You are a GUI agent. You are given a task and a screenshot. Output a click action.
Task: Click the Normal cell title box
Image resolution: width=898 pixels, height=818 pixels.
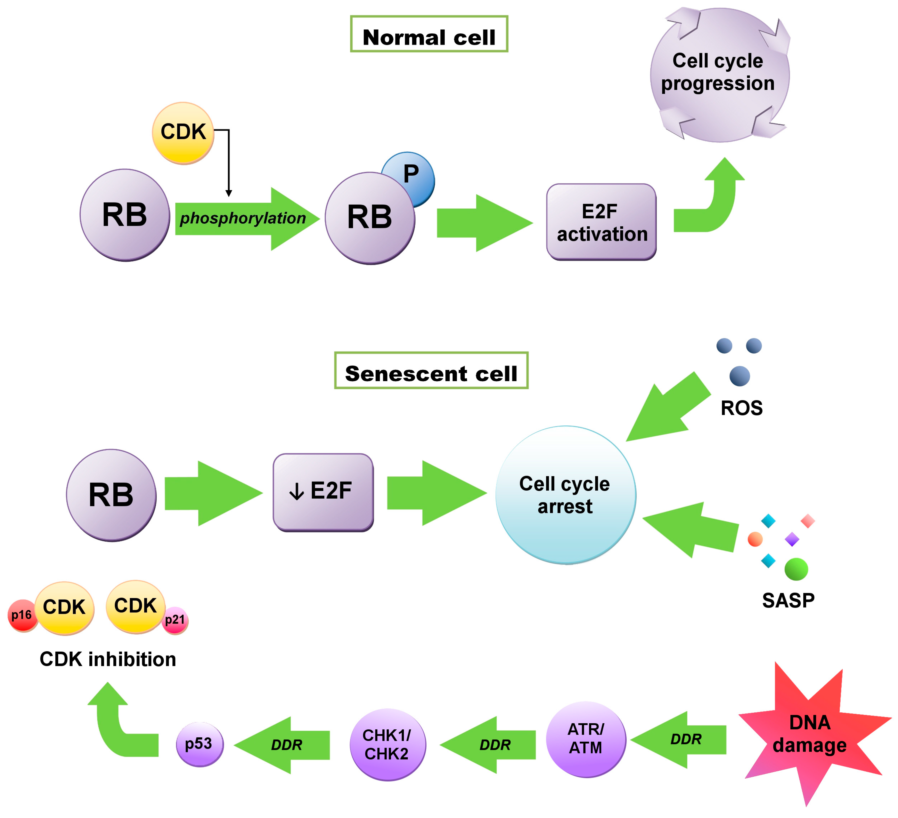(429, 34)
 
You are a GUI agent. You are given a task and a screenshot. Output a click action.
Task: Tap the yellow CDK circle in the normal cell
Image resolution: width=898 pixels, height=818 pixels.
(183, 133)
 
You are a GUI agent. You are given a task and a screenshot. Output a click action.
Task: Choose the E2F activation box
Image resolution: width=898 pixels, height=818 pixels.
(601, 222)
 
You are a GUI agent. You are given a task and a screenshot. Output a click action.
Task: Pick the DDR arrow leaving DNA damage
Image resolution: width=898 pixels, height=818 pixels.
(681, 740)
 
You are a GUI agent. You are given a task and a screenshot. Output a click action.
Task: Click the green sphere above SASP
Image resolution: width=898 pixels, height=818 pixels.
(796, 569)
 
